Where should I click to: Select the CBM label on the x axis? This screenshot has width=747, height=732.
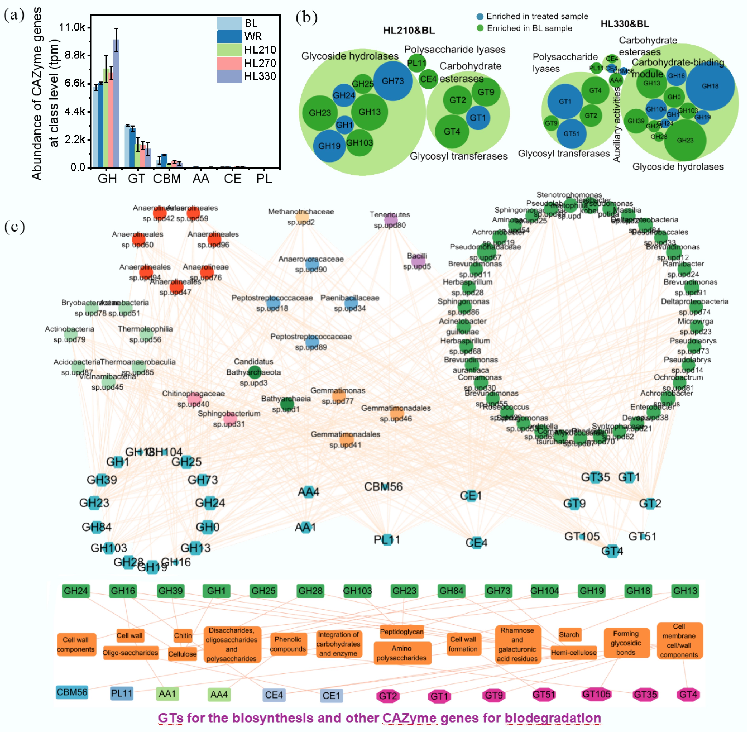[167, 179]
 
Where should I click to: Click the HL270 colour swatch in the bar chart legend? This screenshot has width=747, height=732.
[229, 63]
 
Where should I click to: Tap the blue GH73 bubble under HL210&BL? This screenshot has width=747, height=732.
[393, 81]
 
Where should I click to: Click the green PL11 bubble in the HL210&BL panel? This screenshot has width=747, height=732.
[417, 63]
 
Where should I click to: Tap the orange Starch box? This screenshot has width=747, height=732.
[569, 635]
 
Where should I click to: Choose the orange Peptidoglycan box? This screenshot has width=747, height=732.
[402, 632]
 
